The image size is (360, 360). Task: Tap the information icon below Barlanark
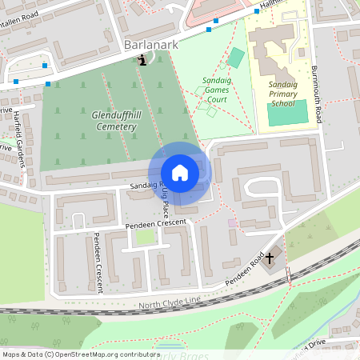[x=142, y=60]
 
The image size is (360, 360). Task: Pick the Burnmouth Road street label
[x=317, y=94]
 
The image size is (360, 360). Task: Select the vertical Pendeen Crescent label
[x=98, y=262]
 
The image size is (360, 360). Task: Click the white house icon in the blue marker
[x=180, y=172]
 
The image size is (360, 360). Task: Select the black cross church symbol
[x=270, y=258]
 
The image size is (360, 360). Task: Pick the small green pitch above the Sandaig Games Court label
[x=235, y=58]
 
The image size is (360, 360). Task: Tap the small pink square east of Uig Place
[x=233, y=223]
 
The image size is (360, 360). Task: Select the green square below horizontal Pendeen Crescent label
[x=145, y=237]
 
